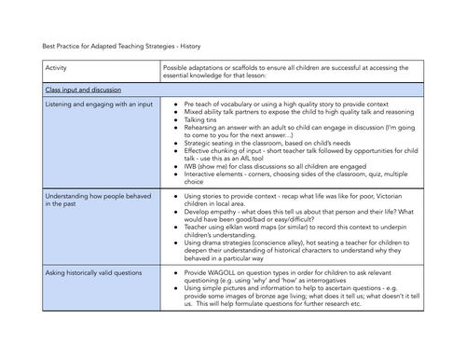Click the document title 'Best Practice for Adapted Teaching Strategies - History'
point(121,44)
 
